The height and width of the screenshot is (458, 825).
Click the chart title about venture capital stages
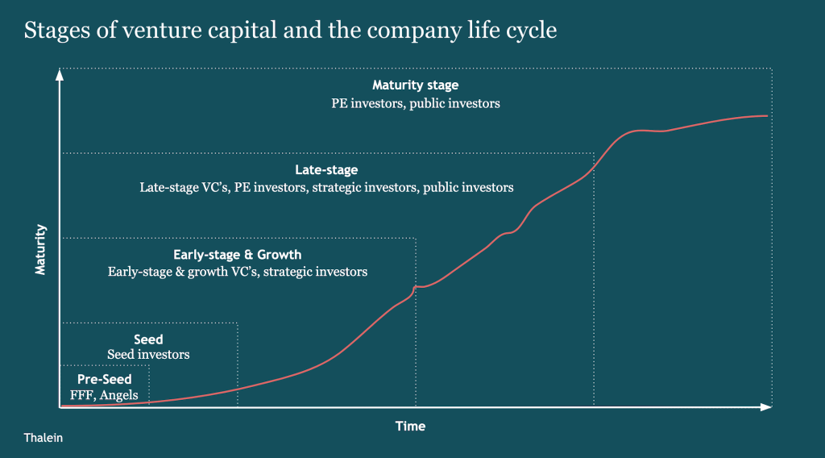(291, 31)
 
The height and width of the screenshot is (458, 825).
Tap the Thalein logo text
(44, 438)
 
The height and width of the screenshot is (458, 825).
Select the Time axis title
(410, 426)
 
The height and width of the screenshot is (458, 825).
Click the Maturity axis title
(40, 250)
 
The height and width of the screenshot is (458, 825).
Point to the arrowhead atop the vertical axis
(60, 75)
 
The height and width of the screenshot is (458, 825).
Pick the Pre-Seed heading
(104, 379)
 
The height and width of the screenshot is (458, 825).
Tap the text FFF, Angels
(104, 395)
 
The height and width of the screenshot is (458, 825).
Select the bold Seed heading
(148, 339)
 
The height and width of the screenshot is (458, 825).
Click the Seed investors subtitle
(148, 355)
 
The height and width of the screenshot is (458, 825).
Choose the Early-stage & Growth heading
(238, 255)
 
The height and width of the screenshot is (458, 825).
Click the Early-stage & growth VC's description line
(238, 272)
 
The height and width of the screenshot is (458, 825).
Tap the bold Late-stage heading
(326, 170)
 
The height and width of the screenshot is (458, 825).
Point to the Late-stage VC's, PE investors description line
(326, 187)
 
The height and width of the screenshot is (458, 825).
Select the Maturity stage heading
(415, 85)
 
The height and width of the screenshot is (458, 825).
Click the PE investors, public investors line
(415, 103)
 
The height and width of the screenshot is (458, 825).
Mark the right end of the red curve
(767, 116)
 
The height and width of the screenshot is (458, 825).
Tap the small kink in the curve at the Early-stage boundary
(416, 286)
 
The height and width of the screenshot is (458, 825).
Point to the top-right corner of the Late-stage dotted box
(594, 152)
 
